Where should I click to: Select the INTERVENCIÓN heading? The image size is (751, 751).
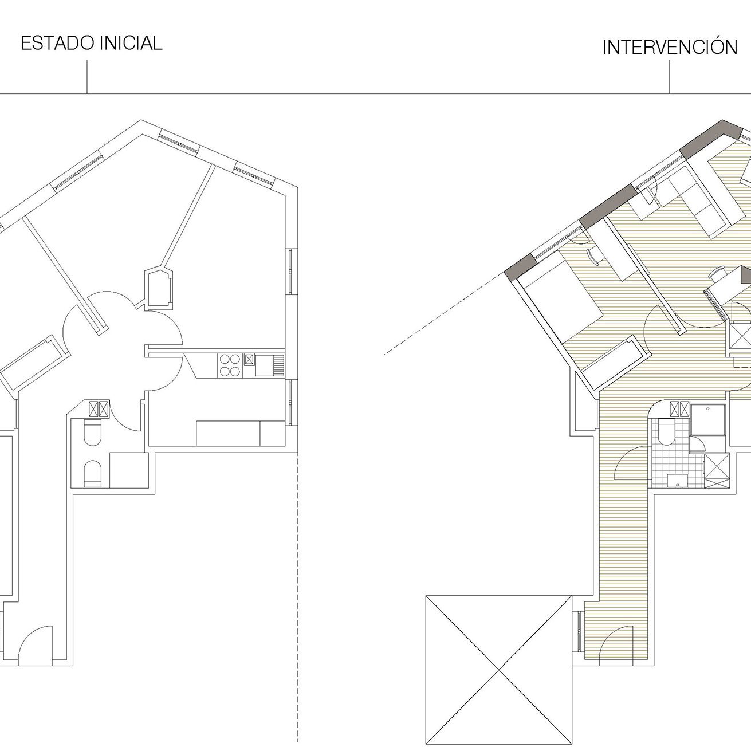[x=670, y=47]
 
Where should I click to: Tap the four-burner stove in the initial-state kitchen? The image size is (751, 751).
[x=230, y=365]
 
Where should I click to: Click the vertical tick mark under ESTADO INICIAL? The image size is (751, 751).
[x=87, y=77]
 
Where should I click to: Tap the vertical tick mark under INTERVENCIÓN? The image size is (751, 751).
[x=670, y=77]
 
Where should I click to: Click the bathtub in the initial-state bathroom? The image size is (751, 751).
[x=129, y=470]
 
